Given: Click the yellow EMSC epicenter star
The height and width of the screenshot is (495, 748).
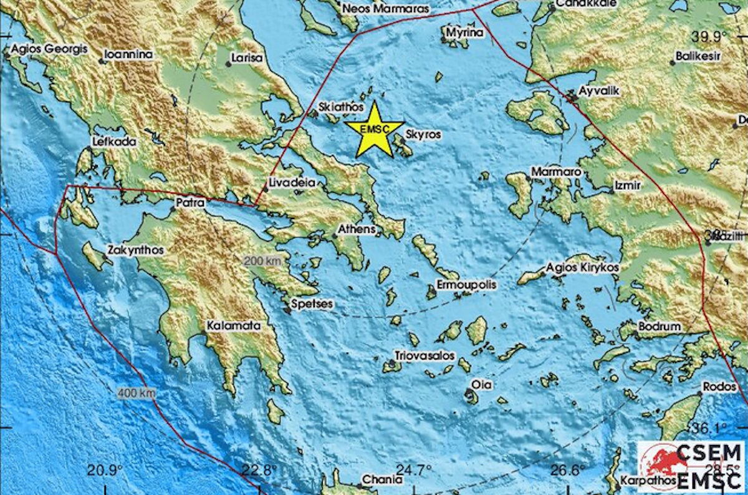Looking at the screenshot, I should point(375,129).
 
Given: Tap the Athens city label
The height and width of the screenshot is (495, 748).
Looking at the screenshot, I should point(357,229).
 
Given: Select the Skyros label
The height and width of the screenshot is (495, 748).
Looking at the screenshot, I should point(423,134).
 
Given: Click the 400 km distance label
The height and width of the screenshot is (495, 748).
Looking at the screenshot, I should point(136,393).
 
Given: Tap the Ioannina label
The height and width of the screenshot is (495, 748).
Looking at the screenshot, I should point(128,54).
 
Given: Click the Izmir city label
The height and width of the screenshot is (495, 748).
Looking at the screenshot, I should point(627,185).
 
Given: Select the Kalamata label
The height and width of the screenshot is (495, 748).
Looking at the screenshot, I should point(234,325).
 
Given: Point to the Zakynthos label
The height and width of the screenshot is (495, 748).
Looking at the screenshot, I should point(135,250).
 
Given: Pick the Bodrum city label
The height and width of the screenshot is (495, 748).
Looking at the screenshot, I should point(659,326).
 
